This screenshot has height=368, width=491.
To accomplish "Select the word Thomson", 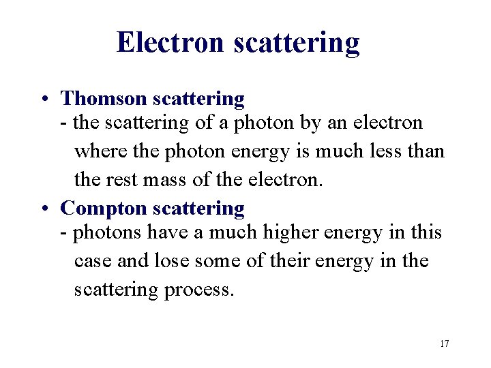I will pyautogui.click(x=104, y=99).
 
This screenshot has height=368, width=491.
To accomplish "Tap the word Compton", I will pyautogui.click(x=104, y=209).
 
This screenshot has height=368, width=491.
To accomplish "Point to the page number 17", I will pyautogui.click(x=444, y=343).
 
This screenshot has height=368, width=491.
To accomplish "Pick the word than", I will pyautogui.click(x=427, y=151).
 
